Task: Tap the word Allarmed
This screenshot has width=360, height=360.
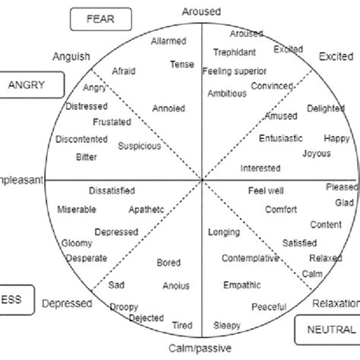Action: click(x=169, y=41)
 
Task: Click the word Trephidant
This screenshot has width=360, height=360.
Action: click(x=234, y=52)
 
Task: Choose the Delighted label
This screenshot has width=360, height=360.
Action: click(x=326, y=109)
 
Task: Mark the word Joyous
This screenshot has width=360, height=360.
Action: click(x=317, y=152)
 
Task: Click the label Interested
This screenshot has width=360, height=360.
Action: click(x=261, y=168)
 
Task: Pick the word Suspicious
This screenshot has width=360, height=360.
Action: click(x=141, y=144)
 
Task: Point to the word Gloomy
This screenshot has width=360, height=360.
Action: click(x=77, y=243)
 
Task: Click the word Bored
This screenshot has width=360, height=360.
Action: click(x=169, y=263)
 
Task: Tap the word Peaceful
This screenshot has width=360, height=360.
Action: click(x=269, y=306)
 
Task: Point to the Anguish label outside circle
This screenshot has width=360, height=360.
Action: click(x=71, y=56)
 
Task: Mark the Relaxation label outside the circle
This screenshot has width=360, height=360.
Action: click(x=335, y=303)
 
